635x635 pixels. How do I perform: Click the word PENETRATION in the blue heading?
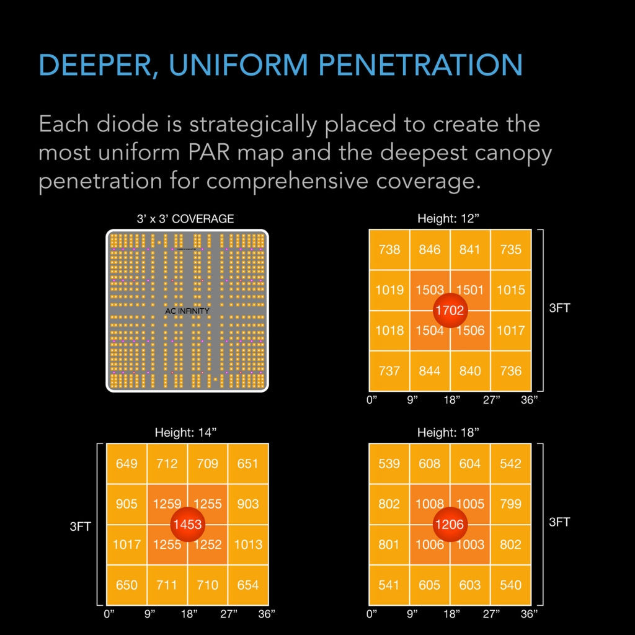(x=420, y=64)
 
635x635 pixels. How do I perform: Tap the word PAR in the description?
(x=208, y=153)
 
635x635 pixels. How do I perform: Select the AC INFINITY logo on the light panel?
(x=187, y=311)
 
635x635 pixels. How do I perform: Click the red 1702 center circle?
(x=450, y=310)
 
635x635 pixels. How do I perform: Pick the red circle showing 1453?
(x=187, y=525)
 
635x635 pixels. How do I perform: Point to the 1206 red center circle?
(x=450, y=525)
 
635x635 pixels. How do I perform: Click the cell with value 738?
(x=389, y=249)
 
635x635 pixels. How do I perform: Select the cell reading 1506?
(x=470, y=331)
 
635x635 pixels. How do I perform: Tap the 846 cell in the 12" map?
(x=430, y=249)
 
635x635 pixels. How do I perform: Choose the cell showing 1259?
(x=167, y=504)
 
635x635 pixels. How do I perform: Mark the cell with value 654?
(x=248, y=585)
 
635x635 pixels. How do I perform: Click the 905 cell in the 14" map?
(x=127, y=504)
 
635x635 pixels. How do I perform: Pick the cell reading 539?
(x=389, y=463)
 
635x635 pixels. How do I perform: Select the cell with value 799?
(x=511, y=504)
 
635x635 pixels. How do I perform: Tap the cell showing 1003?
(x=470, y=544)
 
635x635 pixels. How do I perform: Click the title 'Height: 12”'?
(x=448, y=219)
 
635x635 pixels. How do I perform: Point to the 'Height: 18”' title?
(x=448, y=432)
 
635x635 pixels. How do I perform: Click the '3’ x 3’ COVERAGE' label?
(x=185, y=219)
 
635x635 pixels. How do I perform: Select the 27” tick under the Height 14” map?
(x=229, y=614)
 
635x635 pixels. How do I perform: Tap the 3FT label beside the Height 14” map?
(x=80, y=526)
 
